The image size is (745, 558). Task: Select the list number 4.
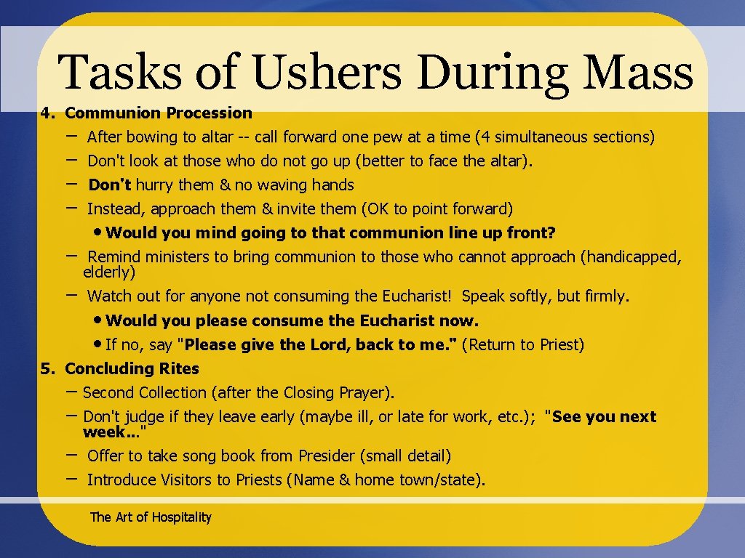point(47,113)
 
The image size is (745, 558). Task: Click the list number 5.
point(47,369)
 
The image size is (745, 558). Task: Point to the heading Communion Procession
point(159,113)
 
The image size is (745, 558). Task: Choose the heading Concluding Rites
point(132,369)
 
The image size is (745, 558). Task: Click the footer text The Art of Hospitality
point(151,517)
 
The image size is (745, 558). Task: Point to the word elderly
point(109,273)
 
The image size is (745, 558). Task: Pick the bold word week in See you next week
point(103,433)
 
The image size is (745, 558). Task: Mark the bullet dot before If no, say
point(98,345)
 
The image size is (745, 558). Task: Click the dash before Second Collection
point(72,392)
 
